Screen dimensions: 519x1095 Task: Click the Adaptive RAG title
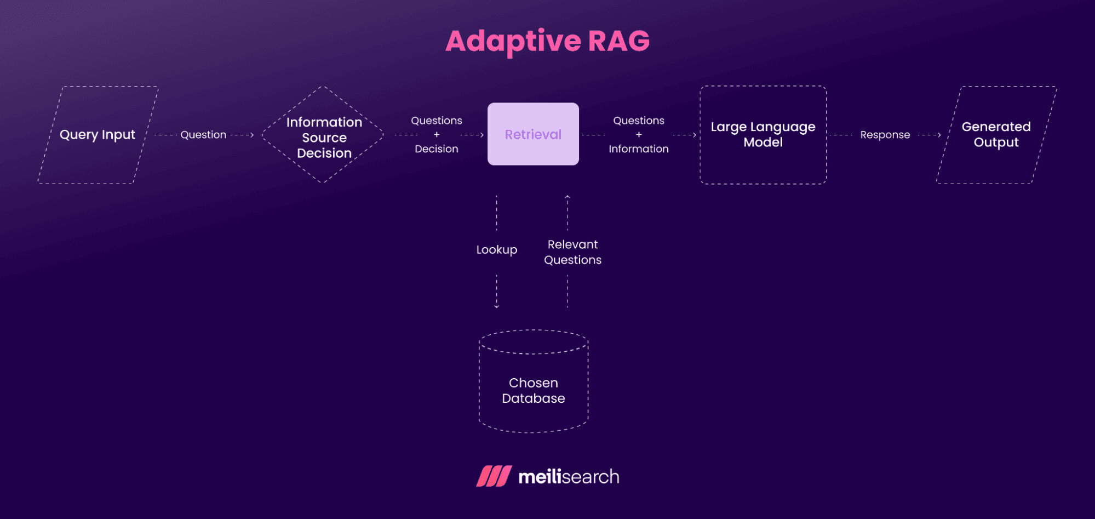pos(547,41)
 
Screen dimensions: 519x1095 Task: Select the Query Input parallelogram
pos(98,135)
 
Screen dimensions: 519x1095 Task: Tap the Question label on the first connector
pos(203,135)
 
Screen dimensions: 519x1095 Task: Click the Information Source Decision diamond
pos(324,137)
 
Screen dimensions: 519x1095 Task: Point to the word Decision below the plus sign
pos(436,149)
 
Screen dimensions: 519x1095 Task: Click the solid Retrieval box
pos(533,134)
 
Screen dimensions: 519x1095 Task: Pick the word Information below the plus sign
pos(638,149)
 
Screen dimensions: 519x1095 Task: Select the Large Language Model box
pos(763,135)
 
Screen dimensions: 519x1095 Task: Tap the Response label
pos(885,135)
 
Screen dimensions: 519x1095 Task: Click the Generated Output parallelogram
pos(996,135)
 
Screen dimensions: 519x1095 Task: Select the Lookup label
pos(496,250)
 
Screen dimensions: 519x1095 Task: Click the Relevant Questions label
pos(572,252)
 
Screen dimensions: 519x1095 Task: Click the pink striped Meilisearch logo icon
pos(494,476)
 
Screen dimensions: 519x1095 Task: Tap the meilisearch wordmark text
pos(569,477)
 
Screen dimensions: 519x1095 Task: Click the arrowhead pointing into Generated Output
pos(939,135)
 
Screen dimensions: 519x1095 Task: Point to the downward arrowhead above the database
pos(497,307)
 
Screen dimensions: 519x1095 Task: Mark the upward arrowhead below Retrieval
pos(567,196)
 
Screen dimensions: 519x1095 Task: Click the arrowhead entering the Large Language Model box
pos(695,135)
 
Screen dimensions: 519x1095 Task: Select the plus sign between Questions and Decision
pos(437,135)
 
